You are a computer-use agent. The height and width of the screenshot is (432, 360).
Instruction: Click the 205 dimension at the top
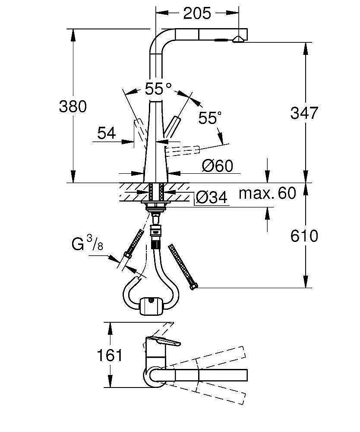click(197, 14)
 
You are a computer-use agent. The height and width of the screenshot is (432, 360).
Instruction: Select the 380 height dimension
click(73, 106)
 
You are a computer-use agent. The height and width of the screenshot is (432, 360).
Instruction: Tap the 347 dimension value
click(304, 113)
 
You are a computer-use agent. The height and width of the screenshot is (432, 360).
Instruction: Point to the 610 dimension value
click(304, 236)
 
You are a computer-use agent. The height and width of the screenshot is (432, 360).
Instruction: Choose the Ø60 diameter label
click(218, 165)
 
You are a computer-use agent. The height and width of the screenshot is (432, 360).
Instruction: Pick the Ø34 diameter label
click(211, 198)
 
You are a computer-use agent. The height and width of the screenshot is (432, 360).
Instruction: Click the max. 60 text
click(268, 193)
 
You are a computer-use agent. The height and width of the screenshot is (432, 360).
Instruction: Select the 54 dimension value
click(106, 133)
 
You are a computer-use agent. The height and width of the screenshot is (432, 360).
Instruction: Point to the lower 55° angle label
click(210, 118)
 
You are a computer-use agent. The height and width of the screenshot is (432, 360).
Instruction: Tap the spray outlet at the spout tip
click(238, 39)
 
